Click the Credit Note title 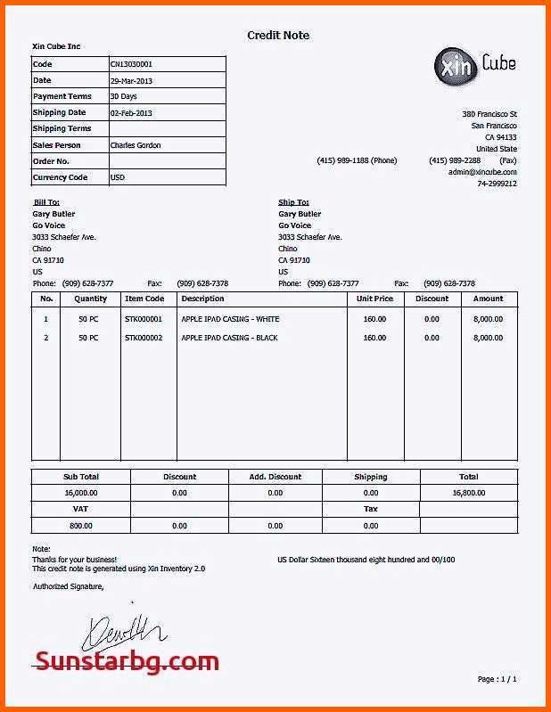tap(278, 36)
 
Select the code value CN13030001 tap(131, 64)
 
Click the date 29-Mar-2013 tap(131, 80)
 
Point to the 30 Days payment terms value tap(123, 96)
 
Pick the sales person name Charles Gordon tap(136, 145)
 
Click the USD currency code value tap(118, 177)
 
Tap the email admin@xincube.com tap(482, 172)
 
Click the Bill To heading tap(46, 202)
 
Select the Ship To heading tap(293, 202)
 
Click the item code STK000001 tap(144, 319)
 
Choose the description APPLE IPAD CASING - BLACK tap(230, 339)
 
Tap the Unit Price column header tap(374, 299)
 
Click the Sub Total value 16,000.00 tap(81, 492)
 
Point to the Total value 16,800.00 tap(468, 492)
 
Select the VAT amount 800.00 tap(81, 526)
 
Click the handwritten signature tap(123, 634)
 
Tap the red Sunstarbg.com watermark tap(127, 661)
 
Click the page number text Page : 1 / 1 tap(497, 679)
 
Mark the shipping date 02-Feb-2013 tap(131, 113)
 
